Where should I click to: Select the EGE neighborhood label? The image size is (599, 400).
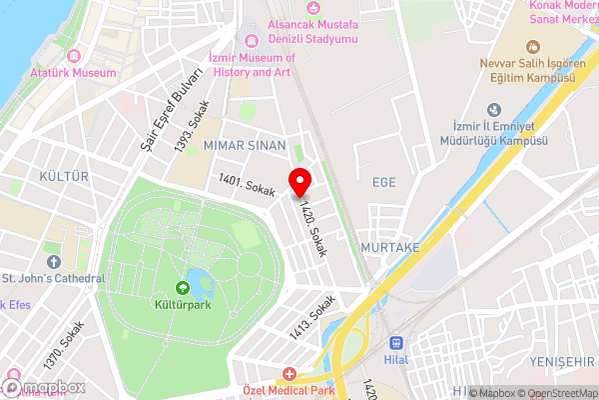tap(384, 181)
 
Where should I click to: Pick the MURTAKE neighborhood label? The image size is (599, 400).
tap(390, 246)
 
